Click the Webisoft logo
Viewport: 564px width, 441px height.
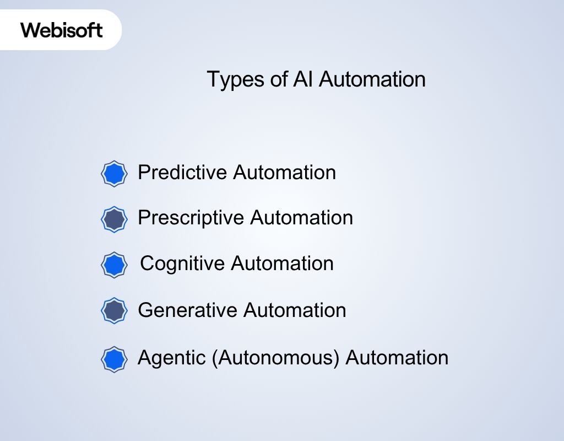point(62,29)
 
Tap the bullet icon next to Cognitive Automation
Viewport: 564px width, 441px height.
point(115,265)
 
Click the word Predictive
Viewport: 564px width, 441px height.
point(182,173)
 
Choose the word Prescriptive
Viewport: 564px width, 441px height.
point(191,218)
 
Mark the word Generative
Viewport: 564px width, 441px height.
point(187,310)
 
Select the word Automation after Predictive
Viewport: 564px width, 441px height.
point(284,173)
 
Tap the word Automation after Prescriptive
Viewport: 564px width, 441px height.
point(301,218)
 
